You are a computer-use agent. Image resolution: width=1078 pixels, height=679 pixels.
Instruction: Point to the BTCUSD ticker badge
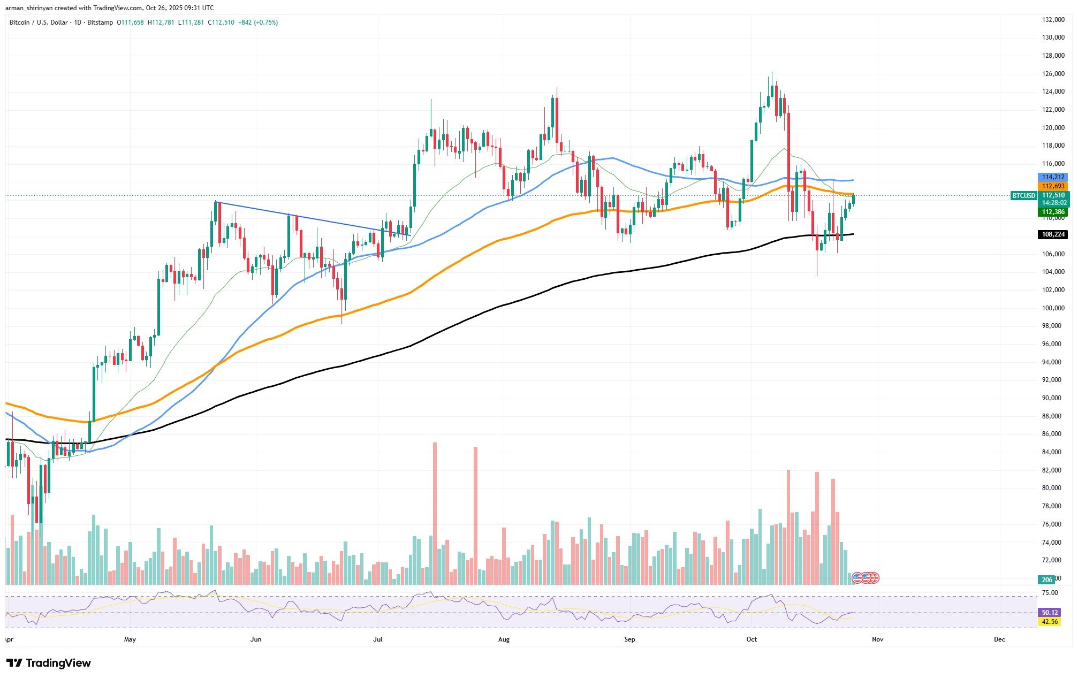[1023, 196]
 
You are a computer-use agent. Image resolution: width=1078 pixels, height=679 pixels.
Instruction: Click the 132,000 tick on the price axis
[1049, 20]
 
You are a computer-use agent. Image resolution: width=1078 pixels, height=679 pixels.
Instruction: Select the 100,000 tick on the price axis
[1049, 308]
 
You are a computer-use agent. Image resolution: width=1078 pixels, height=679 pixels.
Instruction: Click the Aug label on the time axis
[504, 639]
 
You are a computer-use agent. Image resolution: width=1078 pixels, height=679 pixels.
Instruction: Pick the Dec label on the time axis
[999, 639]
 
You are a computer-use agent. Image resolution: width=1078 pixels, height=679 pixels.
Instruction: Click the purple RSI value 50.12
[1049, 613]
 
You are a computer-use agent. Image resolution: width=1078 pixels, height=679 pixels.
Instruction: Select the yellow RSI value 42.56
[1049, 622]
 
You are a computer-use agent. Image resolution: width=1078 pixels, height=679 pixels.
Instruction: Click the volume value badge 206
[1046, 579]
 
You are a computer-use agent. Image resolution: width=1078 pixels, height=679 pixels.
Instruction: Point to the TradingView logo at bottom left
[49, 663]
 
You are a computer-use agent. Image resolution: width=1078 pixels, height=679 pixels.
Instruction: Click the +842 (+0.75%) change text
[258, 22]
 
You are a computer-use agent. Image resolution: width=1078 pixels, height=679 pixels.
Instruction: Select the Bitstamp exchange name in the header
[101, 22]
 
